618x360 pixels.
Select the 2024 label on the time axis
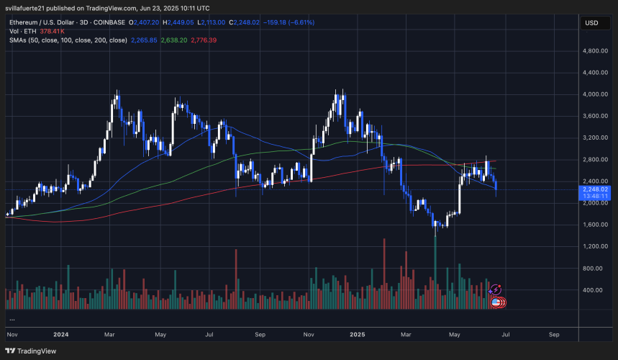(61, 335)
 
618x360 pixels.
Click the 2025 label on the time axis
(357, 335)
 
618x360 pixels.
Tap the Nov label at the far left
(12, 335)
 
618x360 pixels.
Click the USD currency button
(592, 23)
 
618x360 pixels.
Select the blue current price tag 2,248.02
(594, 189)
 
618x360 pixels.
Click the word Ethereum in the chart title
(26, 22)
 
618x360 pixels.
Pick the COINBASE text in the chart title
(110, 22)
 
